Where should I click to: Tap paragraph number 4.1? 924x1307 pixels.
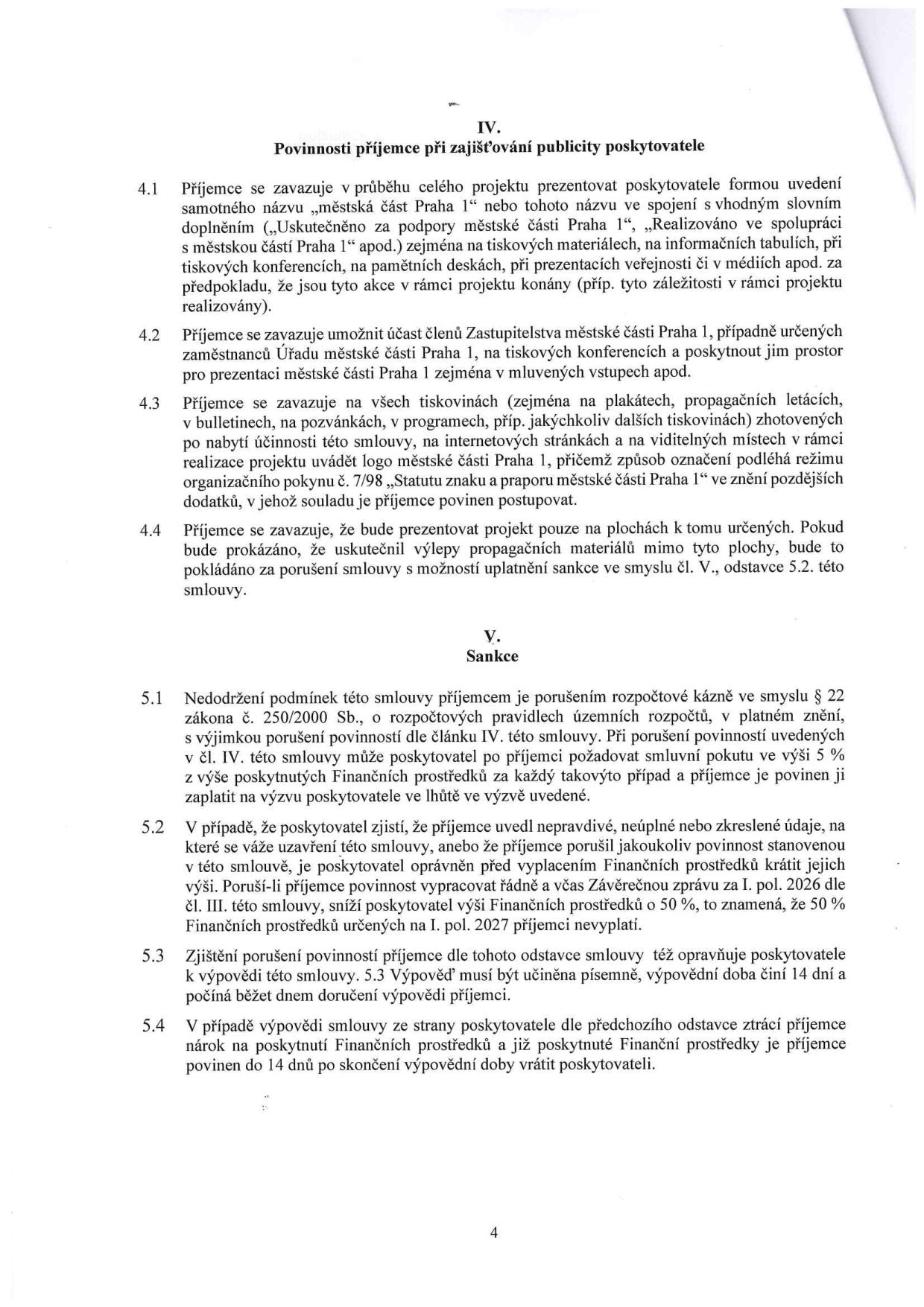(151, 190)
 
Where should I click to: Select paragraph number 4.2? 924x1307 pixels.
(151, 337)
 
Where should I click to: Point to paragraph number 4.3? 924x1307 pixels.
(151, 404)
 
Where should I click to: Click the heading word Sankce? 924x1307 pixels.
(492, 656)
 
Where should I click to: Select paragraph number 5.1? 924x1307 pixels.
(152, 699)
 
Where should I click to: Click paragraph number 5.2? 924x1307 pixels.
(152, 827)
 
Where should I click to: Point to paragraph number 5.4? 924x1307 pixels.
(152, 1026)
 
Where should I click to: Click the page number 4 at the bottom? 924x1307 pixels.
(493, 1233)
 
